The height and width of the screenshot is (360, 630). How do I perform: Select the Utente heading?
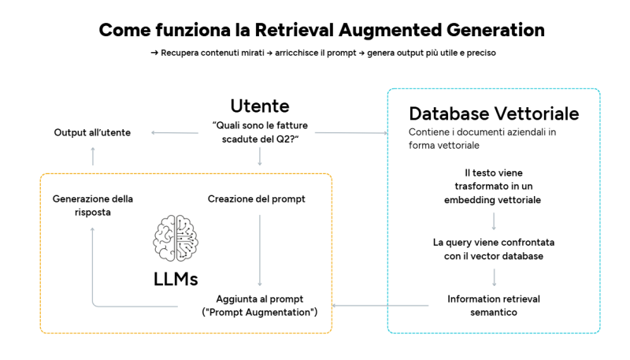tap(259, 106)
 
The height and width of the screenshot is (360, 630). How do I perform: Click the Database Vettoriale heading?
tap(494, 113)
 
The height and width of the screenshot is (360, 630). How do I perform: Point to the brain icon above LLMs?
tap(176, 239)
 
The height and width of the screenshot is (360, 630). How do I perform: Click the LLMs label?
tap(176, 279)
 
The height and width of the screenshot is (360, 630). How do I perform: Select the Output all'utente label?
tap(92, 132)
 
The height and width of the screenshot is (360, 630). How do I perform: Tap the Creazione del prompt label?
tap(256, 199)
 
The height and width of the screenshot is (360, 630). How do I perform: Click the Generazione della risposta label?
tap(92, 206)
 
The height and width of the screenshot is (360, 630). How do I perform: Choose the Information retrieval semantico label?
tap(494, 306)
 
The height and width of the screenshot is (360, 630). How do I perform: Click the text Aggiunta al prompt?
tap(259, 299)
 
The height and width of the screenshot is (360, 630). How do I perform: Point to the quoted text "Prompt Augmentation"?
tap(259, 313)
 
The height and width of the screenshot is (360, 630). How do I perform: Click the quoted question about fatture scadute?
tap(259, 132)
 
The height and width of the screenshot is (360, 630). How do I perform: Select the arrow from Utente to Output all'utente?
tap(175, 132)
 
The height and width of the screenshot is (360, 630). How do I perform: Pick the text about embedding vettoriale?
tap(494, 186)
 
